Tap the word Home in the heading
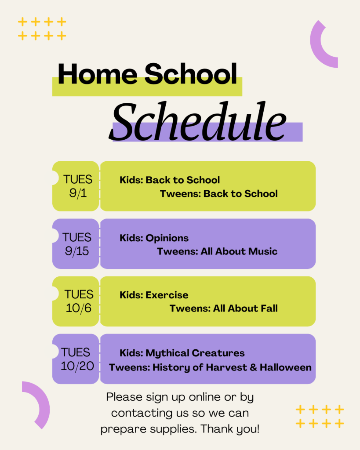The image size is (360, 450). coord(98,74)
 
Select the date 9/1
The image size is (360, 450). coord(78,193)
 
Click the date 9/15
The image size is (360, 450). coord(76,251)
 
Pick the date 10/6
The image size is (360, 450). coord(78,308)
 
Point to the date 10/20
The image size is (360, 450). coord(77,366)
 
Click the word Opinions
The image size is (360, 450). coord(167,238)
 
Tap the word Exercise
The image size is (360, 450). coord(167,295)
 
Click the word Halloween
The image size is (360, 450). coord(286,367)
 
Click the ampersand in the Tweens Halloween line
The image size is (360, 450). coord(253,367)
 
